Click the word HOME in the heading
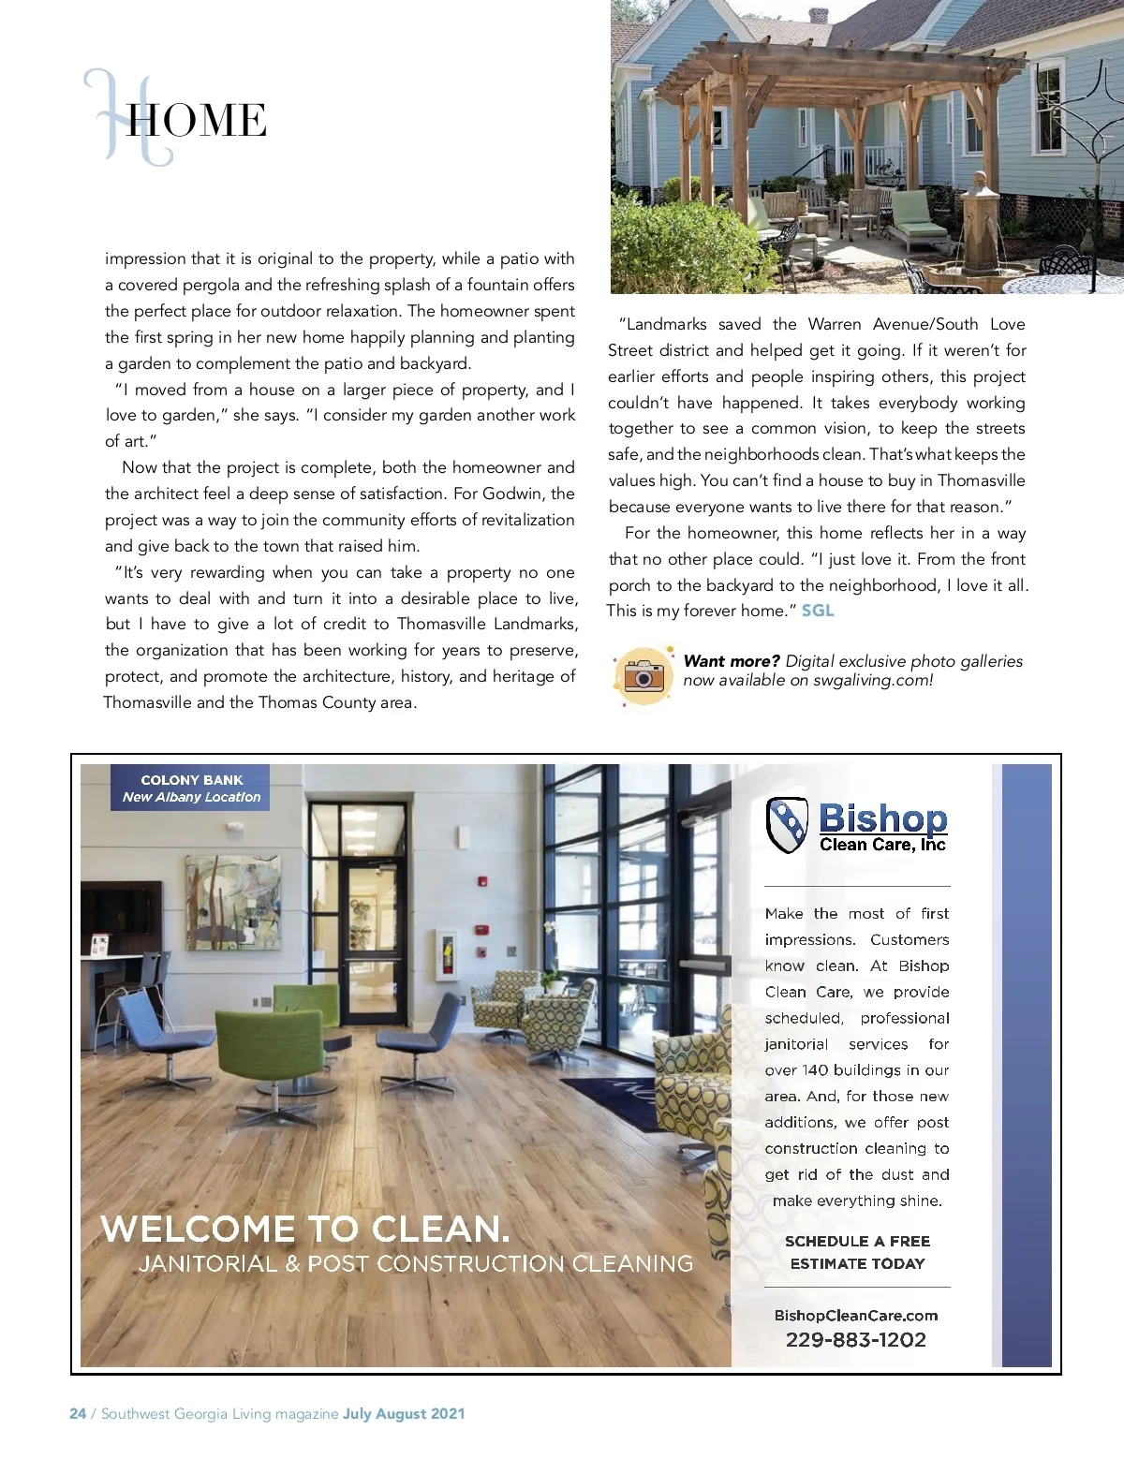197,121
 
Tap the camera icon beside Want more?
643,674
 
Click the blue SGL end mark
818,611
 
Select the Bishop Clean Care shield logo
787,824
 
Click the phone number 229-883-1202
856,1340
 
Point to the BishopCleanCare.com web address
856,1316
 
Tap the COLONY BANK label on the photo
192,780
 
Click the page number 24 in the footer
78,1414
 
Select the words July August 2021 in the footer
404,1414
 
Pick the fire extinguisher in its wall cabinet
448,955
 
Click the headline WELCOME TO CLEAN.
305,1229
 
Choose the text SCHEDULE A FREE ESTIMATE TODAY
857,1252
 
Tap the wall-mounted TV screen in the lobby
108,918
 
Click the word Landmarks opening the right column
666,324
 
